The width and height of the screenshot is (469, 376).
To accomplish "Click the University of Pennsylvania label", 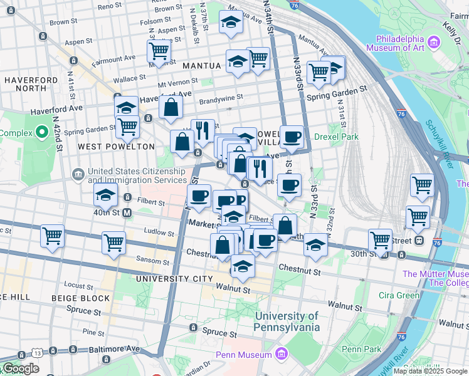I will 287,321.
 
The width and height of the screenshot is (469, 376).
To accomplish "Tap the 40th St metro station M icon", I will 127,213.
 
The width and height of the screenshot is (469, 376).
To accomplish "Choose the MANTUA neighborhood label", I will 202,65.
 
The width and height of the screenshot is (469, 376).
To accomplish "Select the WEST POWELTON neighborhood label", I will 116,147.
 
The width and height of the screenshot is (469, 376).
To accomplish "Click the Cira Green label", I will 399,295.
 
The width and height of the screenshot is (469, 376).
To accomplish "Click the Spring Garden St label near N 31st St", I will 337,89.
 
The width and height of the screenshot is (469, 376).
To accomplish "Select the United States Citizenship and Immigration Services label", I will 137,175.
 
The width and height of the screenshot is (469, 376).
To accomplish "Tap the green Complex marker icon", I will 42,133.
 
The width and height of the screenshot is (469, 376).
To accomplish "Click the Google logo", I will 21,368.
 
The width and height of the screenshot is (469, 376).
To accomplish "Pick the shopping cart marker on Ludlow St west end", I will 52,236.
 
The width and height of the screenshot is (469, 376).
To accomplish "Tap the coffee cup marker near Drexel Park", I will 292,136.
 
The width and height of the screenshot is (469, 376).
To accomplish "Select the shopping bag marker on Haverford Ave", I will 171,107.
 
